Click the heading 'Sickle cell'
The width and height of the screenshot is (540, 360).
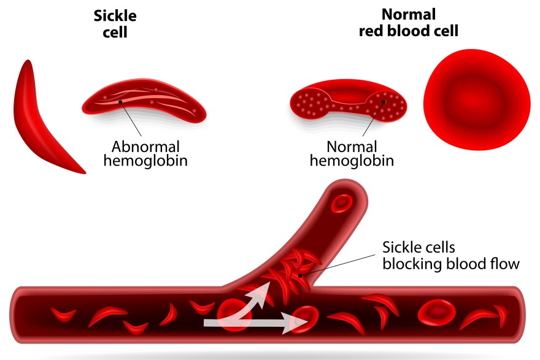coord(115,24)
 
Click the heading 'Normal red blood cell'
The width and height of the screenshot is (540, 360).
coord(409,23)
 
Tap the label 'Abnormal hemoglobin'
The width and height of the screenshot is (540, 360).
coord(145,153)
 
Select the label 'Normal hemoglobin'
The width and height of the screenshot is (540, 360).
coord(352,153)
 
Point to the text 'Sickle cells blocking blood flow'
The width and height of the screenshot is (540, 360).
coord(451,256)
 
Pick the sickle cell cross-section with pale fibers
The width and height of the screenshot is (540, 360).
coord(144,101)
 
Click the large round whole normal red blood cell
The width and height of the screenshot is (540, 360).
coord(477,100)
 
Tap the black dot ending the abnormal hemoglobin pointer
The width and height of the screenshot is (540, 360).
coord(120,102)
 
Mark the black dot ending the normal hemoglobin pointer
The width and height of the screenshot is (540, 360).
coord(384,102)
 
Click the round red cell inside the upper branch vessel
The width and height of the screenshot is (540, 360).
coord(342,203)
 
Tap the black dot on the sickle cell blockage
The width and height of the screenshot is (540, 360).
coord(300,276)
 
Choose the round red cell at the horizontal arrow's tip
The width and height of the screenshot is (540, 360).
coord(304,319)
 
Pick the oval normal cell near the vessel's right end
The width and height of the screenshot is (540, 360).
coord(437,313)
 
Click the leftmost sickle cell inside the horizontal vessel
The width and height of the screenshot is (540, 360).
coord(63,315)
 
